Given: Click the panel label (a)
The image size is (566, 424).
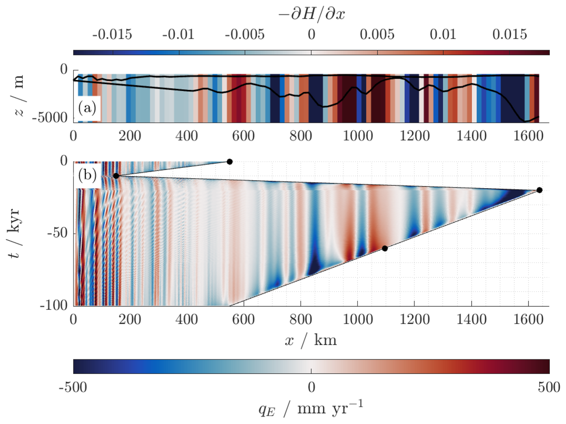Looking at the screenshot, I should pyautogui.click(x=87, y=108).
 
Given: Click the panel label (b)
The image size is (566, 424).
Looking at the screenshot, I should pyautogui.click(x=87, y=175).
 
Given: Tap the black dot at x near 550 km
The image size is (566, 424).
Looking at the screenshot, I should pyautogui.click(x=229, y=162).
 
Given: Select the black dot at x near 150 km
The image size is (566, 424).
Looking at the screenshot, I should pyautogui.click(x=116, y=176).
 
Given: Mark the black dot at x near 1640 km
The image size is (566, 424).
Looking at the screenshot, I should pyautogui.click(x=539, y=190).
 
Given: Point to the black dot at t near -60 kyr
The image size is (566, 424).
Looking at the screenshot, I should pyautogui.click(x=385, y=248).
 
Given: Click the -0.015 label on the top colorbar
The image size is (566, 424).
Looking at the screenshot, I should pyautogui.click(x=112, y=35).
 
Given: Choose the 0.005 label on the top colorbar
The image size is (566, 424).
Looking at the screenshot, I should pyautogui.click(x=377, y=35).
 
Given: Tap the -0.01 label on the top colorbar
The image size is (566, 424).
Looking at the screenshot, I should pyautogui.click(x=178, y=35).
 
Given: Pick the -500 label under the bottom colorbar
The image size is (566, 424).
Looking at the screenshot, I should pyautogui.click(x=73, y=388).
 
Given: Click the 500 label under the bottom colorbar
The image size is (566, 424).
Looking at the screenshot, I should pyautogui.click(x=549, y=388).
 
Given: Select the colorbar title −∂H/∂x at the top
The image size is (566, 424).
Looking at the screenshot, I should pyautogui.click(x=311, y=14).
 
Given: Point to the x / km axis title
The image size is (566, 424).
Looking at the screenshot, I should pyautogui.click(x=311, y=340).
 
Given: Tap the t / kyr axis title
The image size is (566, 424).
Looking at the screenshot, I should pyautogui.click(x=14, y=233).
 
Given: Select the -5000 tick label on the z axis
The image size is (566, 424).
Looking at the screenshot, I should pyautogui.click(x=50, y=118).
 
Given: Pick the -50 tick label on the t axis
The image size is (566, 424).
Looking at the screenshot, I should pyautogui.click(x=57, y=233).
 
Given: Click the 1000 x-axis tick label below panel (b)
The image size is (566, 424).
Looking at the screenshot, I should pyautogui.click(x=357, y=320).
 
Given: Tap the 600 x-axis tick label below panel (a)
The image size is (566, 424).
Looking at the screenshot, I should pyautogui.click(x=243, y=136).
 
